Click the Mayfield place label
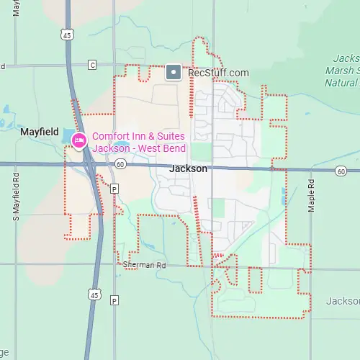point(38,132)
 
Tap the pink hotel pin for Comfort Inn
point(78,140)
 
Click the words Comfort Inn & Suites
point(138,136)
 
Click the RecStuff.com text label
point(217,72)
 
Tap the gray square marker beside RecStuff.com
point(174,72)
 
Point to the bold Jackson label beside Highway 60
point(188,168)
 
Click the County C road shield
point(91,66)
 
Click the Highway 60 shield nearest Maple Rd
point(341,171)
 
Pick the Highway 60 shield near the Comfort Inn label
point(120,164)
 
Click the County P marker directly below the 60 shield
point(114,188)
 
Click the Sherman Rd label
point(144,265)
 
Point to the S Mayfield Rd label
point(15,194)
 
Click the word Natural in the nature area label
point(343,82)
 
